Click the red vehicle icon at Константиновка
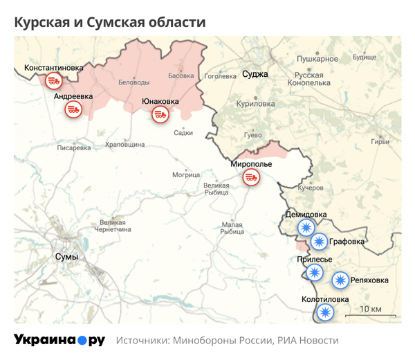53,82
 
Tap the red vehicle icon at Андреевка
73,109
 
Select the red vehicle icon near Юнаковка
160,115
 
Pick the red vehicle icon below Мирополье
251,179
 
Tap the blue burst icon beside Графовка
318,242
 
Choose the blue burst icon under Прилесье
315,272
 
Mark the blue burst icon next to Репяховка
340,280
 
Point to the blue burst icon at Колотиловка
324,312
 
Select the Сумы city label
66,257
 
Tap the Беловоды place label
134,82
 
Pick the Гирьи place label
380,142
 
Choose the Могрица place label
186,174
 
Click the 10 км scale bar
369,313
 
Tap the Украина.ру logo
59,340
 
